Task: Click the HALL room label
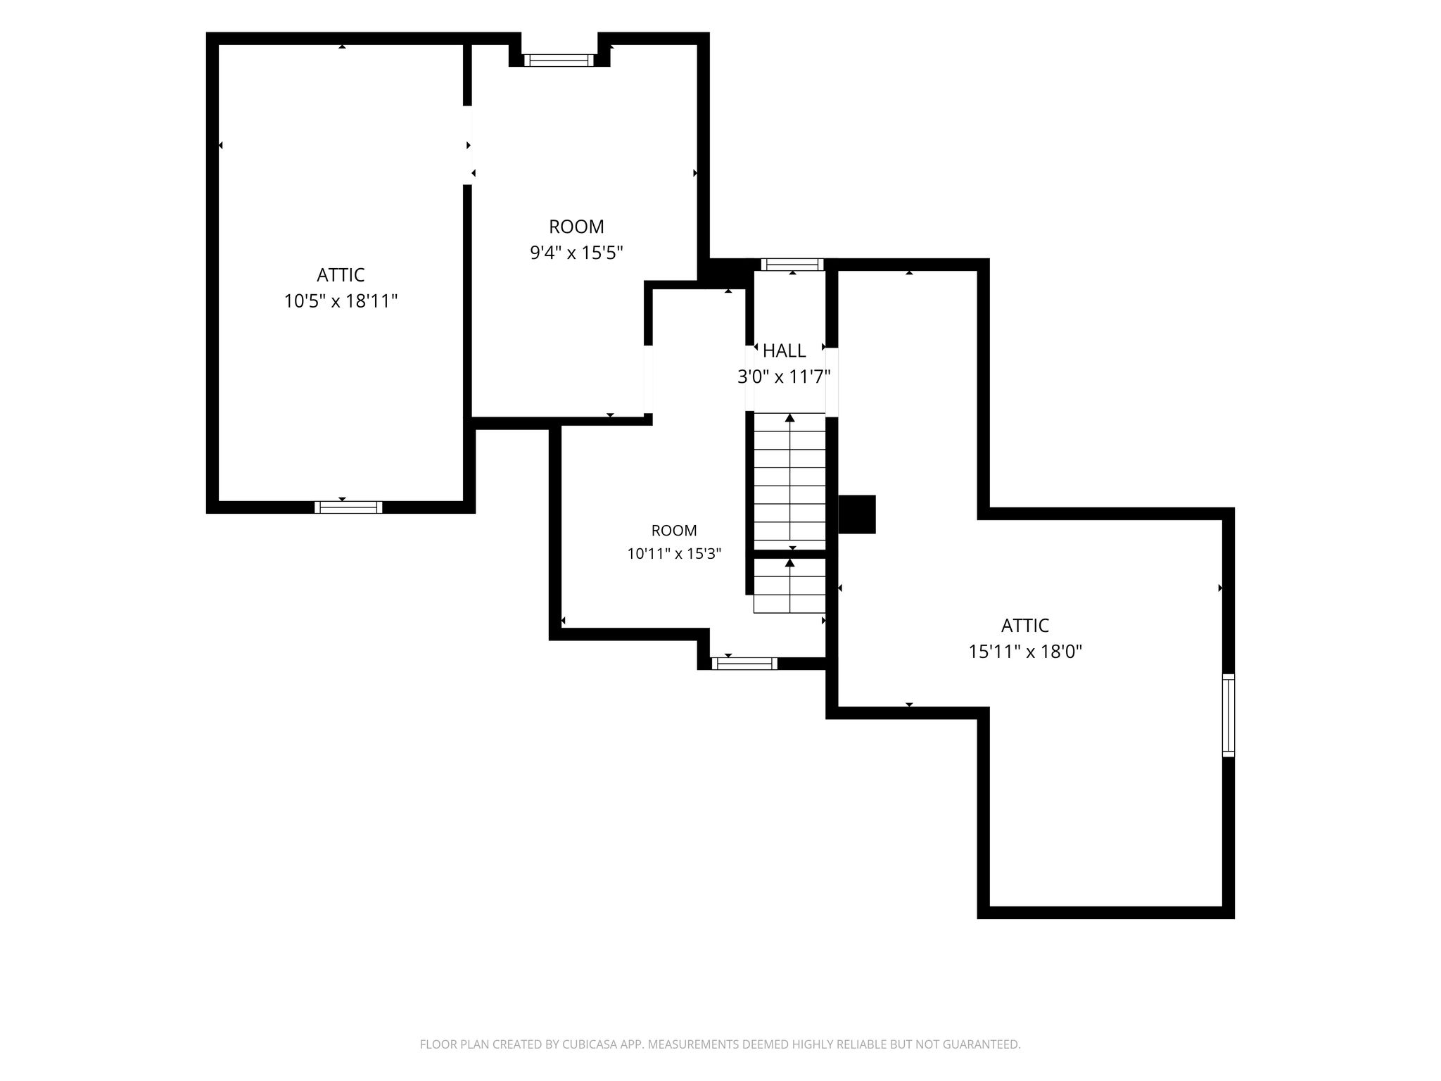coord(784,350)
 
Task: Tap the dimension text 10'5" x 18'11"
coord(341,301)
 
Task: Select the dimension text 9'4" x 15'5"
coord(576,253)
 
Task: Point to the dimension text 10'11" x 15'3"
coord(674,554)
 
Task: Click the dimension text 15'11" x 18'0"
coord(1025,652)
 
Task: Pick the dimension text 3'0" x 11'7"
coord(784,377)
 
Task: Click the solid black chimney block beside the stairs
coord(857,514)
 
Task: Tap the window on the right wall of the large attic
coord(1229,715)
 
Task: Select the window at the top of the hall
coord(792,265)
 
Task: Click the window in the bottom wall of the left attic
coord(348,507)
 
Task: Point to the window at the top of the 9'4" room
coord(559,61)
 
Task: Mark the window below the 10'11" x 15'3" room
coord(744,664)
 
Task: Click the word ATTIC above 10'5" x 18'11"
coord(341,275)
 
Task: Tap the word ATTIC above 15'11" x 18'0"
coord(1025,626)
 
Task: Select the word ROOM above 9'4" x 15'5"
coord(576,227)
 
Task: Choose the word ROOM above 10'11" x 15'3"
coord(674,531)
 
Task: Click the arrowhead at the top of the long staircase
coord(790,418)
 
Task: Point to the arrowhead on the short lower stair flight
coord(790,562)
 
